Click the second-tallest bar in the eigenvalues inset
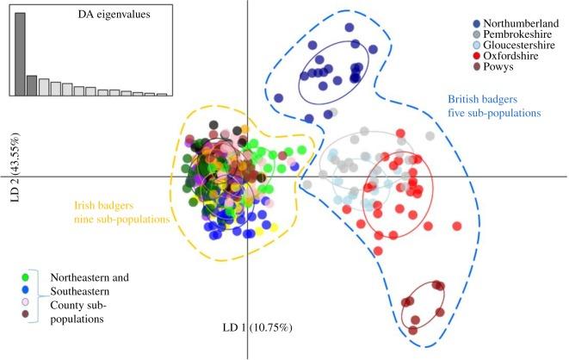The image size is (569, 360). (x=32, y=85)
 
